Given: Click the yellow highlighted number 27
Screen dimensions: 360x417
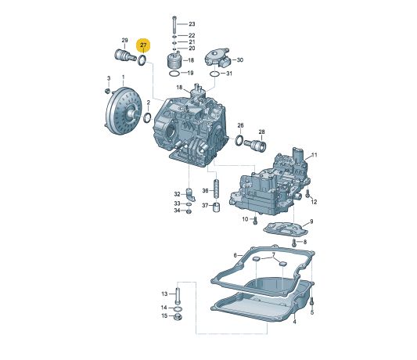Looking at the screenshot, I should pyautogui.click(x=143, y=45).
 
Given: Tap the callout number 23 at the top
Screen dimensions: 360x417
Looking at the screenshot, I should pyautogui.click(x=192, y=25).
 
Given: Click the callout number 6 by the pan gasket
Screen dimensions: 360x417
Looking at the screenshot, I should pyautogui.click(x=273, y=255).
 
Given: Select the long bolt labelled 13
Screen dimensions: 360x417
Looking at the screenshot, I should pyautogui.click(x=178, y=294).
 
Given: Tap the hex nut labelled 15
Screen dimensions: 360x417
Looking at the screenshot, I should pyautogui.click(x=178, y=317).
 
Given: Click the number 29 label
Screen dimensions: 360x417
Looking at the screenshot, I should pyautogui.click(x=124, y=40).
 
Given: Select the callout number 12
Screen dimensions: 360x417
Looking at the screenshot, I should pyautogui.click(x=315, y=202).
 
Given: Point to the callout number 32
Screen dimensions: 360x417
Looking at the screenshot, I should pyautogui.click(x=178, y=193).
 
